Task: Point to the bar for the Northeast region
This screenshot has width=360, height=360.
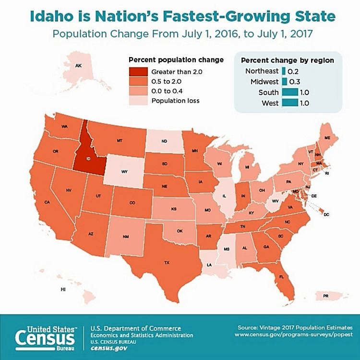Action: [x=284, y=71]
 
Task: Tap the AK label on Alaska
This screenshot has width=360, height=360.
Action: [x=78, y=65]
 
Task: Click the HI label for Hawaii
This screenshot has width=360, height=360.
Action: [x=62, y=290]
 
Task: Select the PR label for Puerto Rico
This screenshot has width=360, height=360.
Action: [x=326, y=296]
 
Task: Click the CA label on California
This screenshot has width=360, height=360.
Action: [x=47, y=203]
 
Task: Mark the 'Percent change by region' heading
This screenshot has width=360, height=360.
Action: [x=288, y=60]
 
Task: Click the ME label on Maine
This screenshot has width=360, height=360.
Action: [x=327, y=137]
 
